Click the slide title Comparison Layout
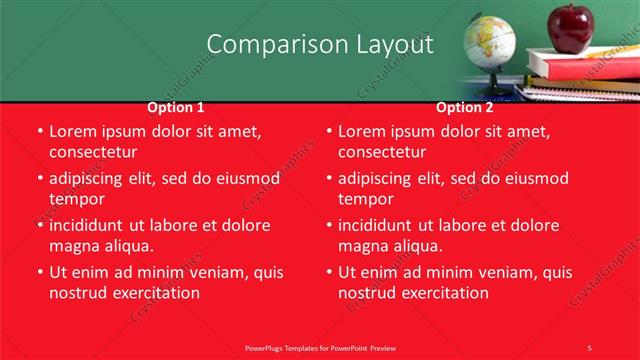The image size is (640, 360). [x=320, y=45]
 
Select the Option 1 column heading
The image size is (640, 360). [x=176, y=108]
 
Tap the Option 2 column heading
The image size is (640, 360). [x=465, y=108]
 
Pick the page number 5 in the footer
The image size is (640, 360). [x=589, y=347]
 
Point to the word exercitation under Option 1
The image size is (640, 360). [x=154, y=293]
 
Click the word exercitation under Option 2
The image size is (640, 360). [x=443, y=293]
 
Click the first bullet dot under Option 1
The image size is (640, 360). [x=39, y=132]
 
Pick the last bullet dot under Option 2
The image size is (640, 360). [x=328, y=272]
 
